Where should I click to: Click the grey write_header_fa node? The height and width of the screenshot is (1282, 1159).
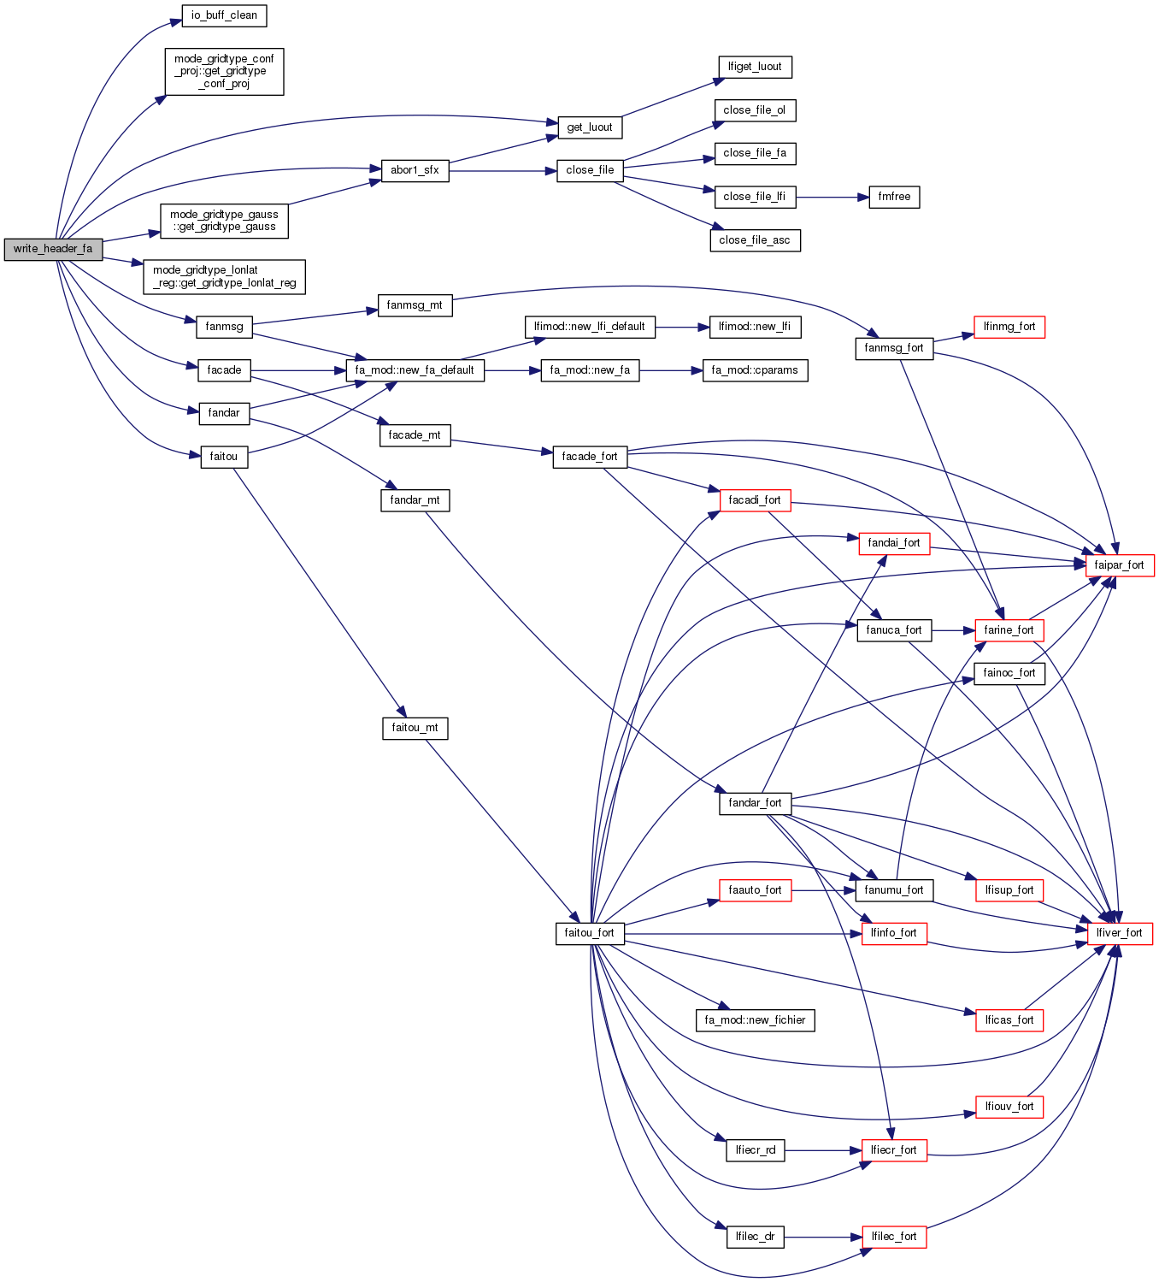click(x=53, y=249)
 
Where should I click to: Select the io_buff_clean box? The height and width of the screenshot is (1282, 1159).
click(x=224, y=15)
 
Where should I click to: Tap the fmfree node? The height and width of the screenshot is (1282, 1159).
click(x=894, y=197)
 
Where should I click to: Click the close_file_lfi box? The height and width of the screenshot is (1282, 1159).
click(x=754, y=197)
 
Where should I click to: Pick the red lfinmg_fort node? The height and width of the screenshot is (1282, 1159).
click(x=1009, y=327)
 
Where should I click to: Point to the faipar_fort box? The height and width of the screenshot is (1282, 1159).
click(x=1119, y=565)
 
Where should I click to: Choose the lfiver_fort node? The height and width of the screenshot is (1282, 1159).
click(x=1119, y=933)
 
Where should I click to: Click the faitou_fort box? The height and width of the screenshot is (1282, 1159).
click(x=589, y=933)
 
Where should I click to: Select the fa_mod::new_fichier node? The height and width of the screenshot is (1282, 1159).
click(x=755, y=1020)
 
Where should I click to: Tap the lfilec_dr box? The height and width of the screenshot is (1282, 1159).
click(x=755, y=1237)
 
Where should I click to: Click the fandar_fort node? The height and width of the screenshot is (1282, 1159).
click(x=755, y=803)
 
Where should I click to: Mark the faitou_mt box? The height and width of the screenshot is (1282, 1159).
click(x=415, y=729)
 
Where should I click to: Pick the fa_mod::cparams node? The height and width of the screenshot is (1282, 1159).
click(x=755, y=370)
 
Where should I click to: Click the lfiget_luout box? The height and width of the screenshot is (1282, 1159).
click(x=755, y=67)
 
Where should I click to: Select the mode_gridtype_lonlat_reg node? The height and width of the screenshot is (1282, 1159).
click(x=224, y=276)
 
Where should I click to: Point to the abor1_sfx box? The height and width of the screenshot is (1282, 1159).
click(x=415, y=170)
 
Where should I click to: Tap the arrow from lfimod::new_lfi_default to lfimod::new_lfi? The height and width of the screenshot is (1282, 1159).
click(x=682, y=327)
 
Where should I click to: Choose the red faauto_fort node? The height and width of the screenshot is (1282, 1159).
click(x=755, y=890)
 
